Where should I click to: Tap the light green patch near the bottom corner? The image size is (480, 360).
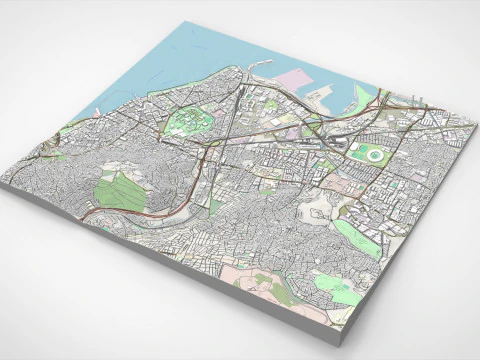pyautogui.click(x=345, y=296)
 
